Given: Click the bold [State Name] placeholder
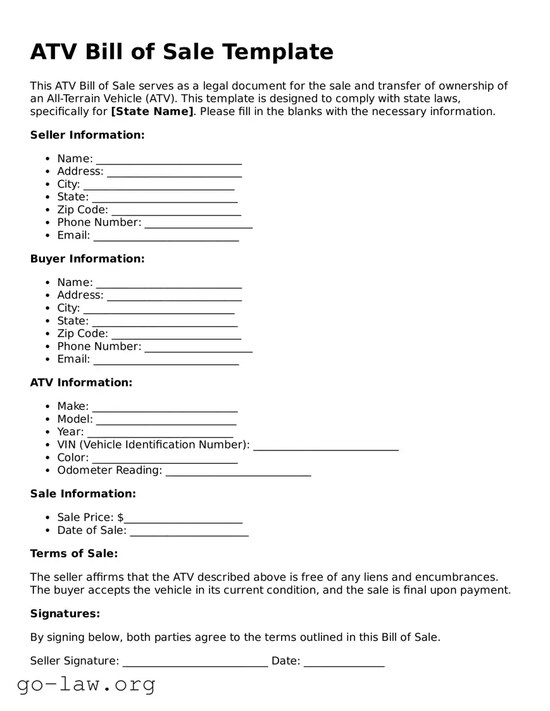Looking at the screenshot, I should click(x=152, y=111).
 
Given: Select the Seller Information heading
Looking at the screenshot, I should click(x=87, y=135).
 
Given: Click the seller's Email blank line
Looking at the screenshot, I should click(x=166, y=237).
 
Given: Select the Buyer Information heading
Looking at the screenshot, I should click(x=87, y=259).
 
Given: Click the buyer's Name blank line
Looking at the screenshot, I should click(x=168, y=285).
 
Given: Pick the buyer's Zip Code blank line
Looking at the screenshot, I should click(x=176, y=336).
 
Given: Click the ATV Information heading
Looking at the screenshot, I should click(x=81, y=382).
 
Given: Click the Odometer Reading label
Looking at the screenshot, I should click(x=109, y=470).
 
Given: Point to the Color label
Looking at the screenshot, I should click(x=73, y=457).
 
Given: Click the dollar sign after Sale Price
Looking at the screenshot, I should click(x=120, y=517).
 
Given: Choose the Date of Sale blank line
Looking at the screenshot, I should click(x=189, y=533).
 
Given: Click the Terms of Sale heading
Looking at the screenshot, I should click(x=74, y=553).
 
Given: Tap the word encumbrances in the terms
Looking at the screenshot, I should click(x=458, y=577).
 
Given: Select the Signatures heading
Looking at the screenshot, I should click(x=65, y=614).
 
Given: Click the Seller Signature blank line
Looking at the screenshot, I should click(x=195, y=664).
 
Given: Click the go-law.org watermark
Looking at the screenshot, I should click(x=86, y=684).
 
